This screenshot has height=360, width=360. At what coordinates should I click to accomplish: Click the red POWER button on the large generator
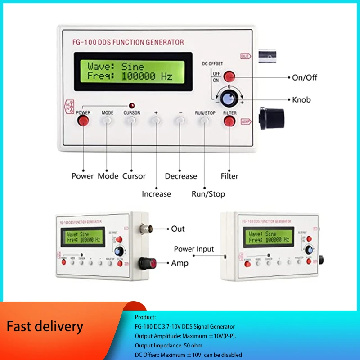point(83,120)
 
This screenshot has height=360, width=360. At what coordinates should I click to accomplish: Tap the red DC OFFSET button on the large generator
point(230,76)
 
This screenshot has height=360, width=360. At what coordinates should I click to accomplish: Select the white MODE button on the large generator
point(107,120)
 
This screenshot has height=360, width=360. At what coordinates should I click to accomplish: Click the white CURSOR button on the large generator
point(131,120)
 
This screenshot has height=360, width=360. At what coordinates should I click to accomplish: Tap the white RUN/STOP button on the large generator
point(205,120)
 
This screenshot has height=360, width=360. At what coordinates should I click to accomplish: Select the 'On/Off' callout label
point(305,77)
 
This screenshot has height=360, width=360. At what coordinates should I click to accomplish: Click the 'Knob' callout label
point(301,99)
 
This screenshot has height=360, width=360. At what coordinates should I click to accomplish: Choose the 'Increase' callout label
point(156,194)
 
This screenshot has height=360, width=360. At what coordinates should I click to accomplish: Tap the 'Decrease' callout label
point(181,176)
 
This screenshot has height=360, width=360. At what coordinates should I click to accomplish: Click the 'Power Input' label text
point(194,249)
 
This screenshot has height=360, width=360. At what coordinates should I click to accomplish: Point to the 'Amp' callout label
point(180,263)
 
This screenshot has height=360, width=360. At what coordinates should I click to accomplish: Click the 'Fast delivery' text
point(45,326)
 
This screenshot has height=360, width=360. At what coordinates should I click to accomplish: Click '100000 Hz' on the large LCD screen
point(147,76)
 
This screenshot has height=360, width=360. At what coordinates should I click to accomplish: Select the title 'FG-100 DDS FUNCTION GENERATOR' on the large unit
point(128,42)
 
